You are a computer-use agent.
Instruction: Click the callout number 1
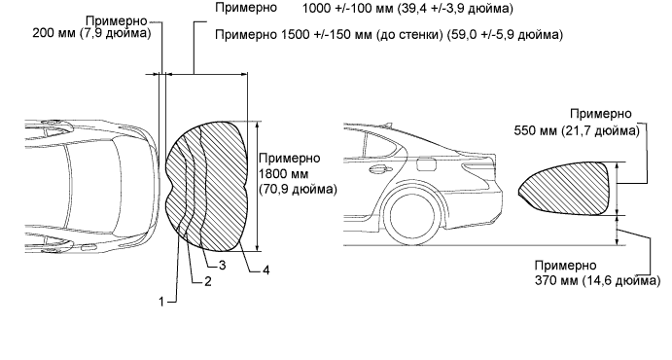[x=161, y=302]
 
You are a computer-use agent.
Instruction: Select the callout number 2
[x=208, y=281]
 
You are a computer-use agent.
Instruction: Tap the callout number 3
[x=222, y=266]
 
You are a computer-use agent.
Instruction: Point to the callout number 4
[x=266, y=270]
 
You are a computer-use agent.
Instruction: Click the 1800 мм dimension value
[x=283, y=173]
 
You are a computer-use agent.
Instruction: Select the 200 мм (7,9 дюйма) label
[x=91, y=33]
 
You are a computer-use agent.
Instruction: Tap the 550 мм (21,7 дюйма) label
[x=577, y=130]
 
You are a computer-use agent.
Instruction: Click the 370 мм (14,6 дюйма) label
[x=597, y=280]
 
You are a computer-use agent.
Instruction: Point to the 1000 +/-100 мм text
[x=347, y=8]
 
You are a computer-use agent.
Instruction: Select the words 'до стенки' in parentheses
[x=409, y=35]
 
